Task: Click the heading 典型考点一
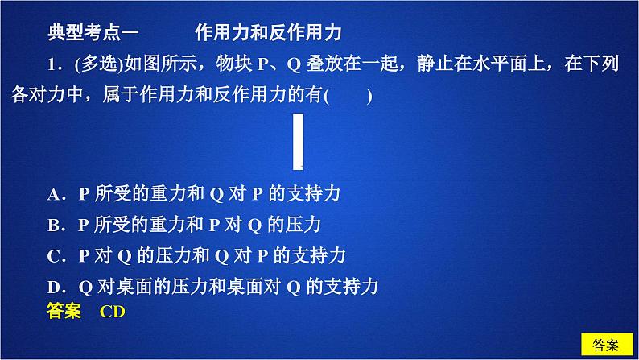(93, 32)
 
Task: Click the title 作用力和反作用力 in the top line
(268, 32)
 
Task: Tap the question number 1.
(52, 64)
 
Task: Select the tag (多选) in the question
(99, 64)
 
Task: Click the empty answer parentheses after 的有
(348, 96)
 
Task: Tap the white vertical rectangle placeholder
(299, 142)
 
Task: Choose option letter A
(54, 194)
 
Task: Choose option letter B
(54, 225)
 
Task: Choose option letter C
(54, 256)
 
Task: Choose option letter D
(54, 287)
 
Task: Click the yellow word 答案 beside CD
(64, 311)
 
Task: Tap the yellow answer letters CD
(113, 312)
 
